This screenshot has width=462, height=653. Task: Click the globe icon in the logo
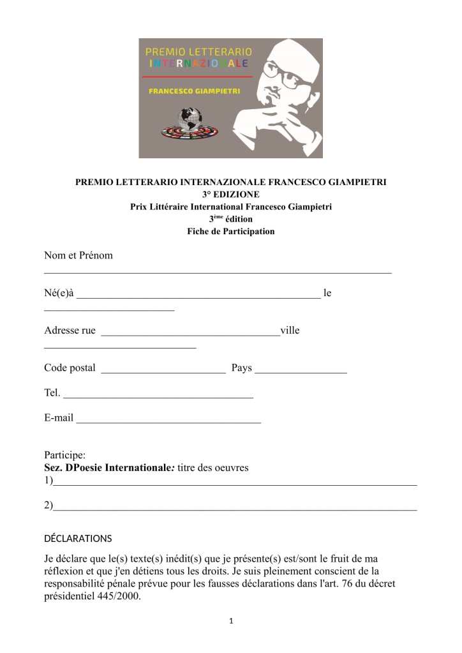(189, 122)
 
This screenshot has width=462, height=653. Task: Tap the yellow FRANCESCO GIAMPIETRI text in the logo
(194, 91)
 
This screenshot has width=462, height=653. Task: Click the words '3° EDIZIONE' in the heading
(231, 194)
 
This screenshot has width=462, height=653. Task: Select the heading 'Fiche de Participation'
(231, 231)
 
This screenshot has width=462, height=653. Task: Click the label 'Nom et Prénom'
(78, 255)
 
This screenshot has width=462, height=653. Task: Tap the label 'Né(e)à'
(59, 294)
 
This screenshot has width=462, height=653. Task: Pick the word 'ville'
(290, 331)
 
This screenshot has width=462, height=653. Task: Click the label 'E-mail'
(59, 418)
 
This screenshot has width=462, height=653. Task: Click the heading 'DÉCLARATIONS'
(78, 538)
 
